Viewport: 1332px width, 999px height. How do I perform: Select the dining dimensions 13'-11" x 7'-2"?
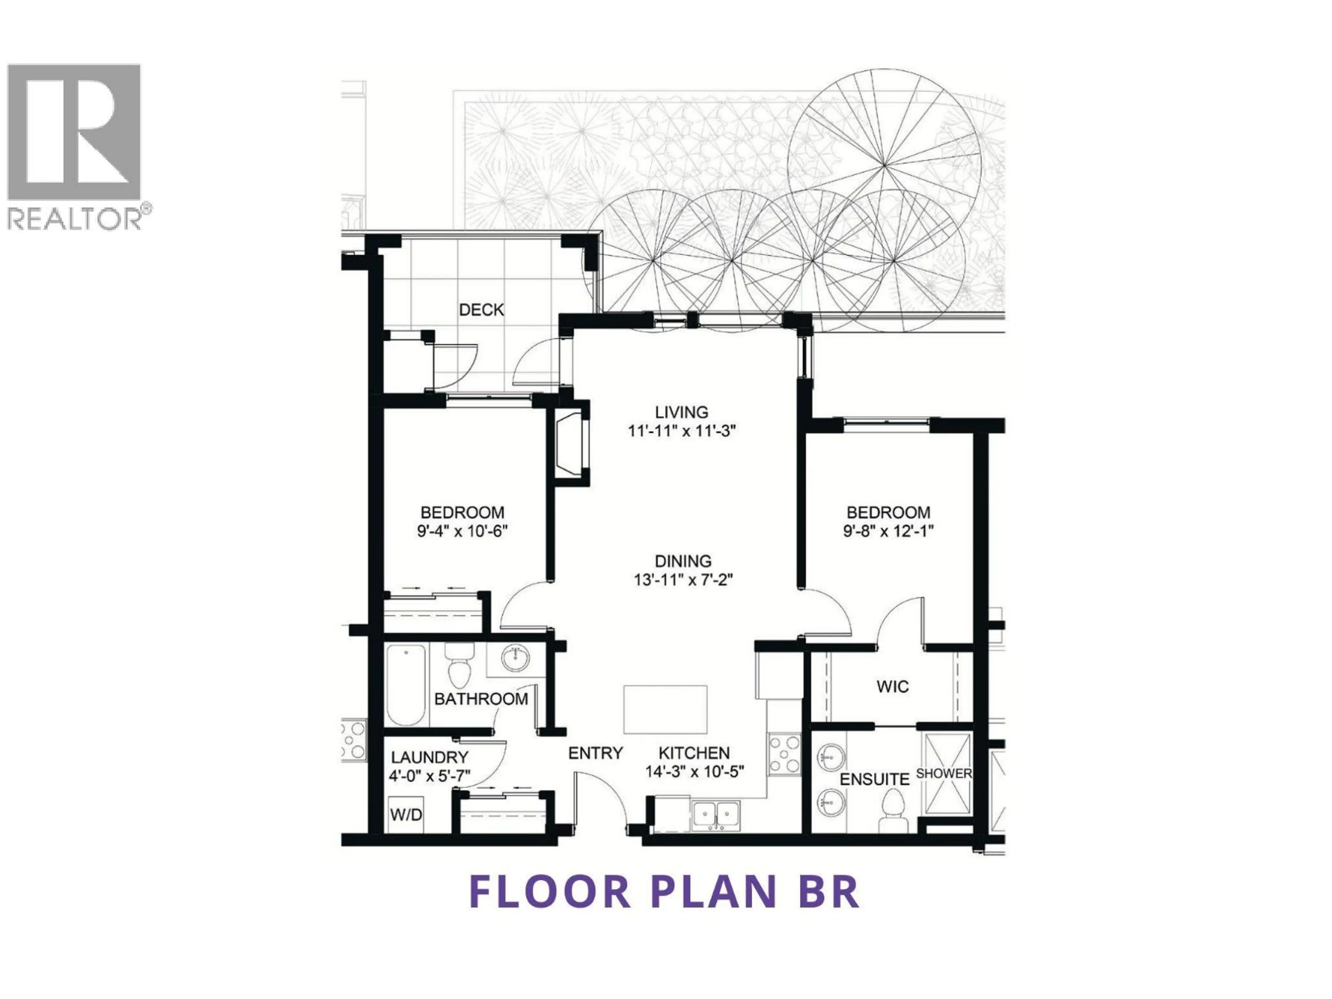(683, 580)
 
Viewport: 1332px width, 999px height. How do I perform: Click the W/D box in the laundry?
(407, 816)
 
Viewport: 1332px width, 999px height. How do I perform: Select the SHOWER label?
(943, 773)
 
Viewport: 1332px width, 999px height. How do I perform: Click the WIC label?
(893, 686)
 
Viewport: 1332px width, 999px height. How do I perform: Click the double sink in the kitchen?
(717, 816)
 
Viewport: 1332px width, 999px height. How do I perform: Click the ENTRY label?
(595, 753)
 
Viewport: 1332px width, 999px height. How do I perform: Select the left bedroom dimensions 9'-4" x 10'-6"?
(462, 532)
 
